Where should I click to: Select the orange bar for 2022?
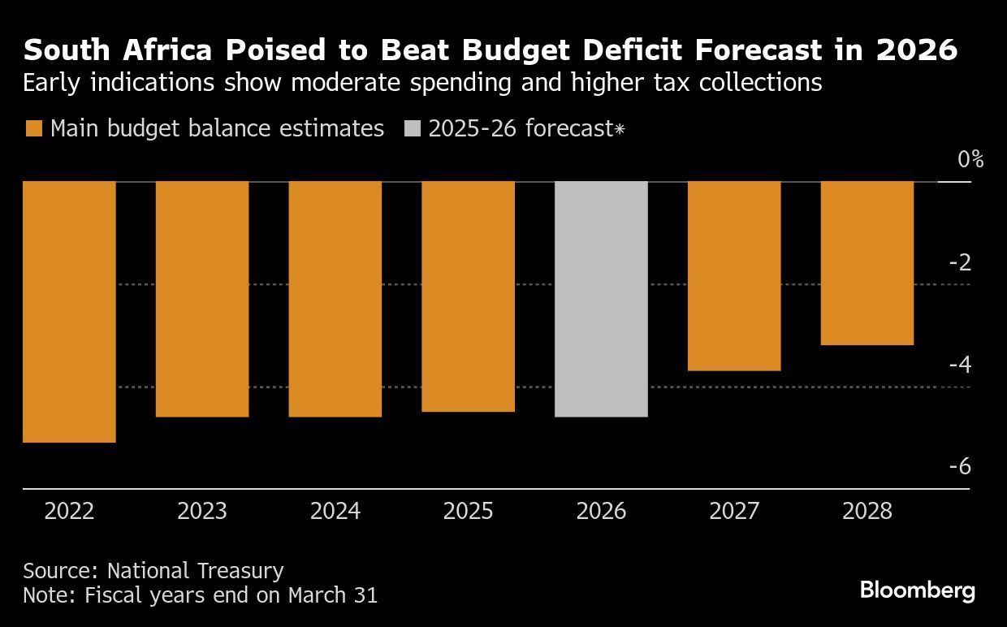tap(69, 312)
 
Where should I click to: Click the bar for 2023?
tap(202, 299)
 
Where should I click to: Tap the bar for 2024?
tap(335, 299)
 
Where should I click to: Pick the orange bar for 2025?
tap(469, 296)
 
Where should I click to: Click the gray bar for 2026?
tap(601, 299)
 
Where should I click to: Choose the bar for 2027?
tap(734, 276)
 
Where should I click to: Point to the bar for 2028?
tap(867, 263)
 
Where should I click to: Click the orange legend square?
tap(33, 129)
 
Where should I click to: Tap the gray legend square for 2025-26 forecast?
tap(412, 129)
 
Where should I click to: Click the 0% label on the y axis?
tap(970, 159)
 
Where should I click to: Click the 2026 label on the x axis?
tap(601, 512)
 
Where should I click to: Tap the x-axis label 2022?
tap(69, 512)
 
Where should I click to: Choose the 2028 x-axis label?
tap(867, 512)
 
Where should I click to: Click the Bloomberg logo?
tap(918, 590)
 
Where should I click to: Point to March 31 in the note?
tap(332, 595)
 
